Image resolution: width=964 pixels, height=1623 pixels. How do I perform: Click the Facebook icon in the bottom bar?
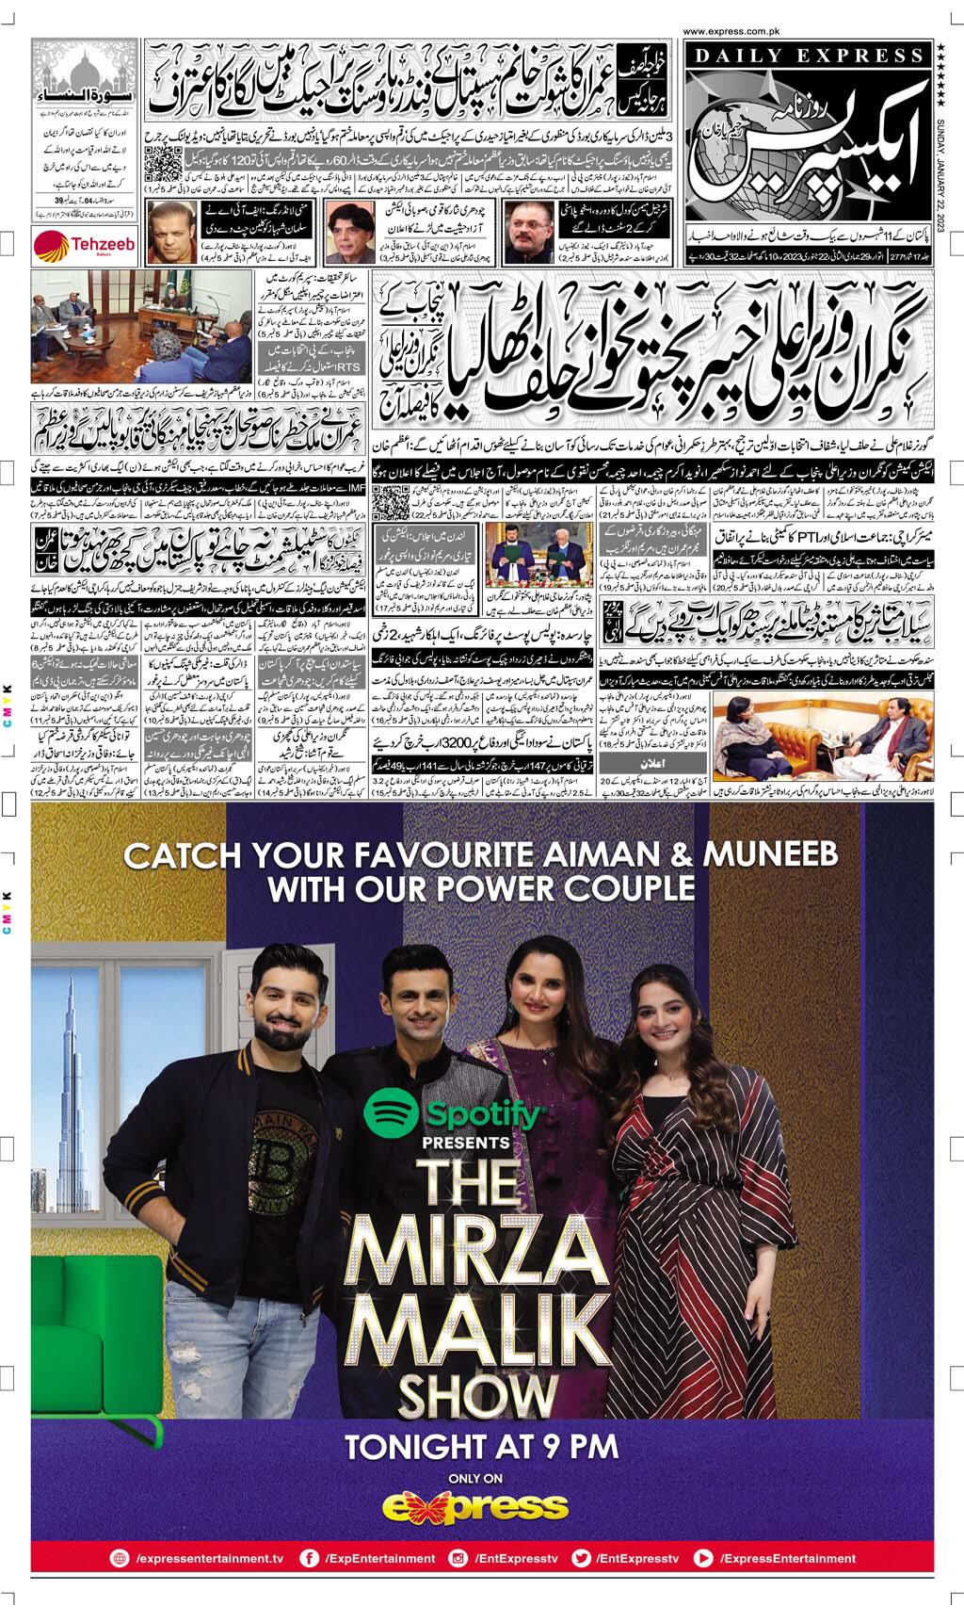308,1558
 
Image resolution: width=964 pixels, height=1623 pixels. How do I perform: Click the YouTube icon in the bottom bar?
702,1558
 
